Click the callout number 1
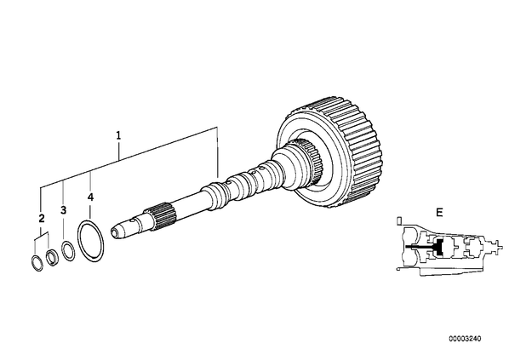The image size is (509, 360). [x=118, y=135]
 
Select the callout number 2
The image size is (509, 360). [x=41, y=219]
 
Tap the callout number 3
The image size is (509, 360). [x=63, y=210]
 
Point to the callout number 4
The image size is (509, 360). [x=90, y=197]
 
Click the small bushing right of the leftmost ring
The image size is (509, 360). [x=52, y=257]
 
